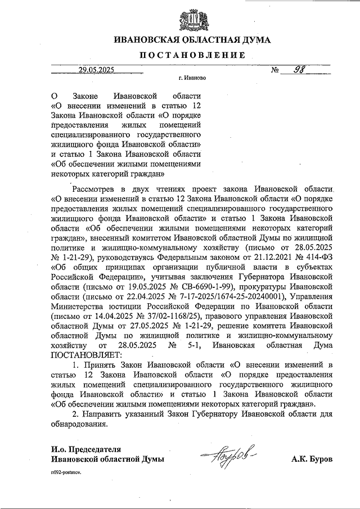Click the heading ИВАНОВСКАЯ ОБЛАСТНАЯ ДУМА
pyautogui.click(x=192, y=40)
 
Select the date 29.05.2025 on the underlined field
pyautogui.click(x=96, y=70)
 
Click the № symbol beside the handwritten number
pyautogui.click(x=276, y=70)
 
